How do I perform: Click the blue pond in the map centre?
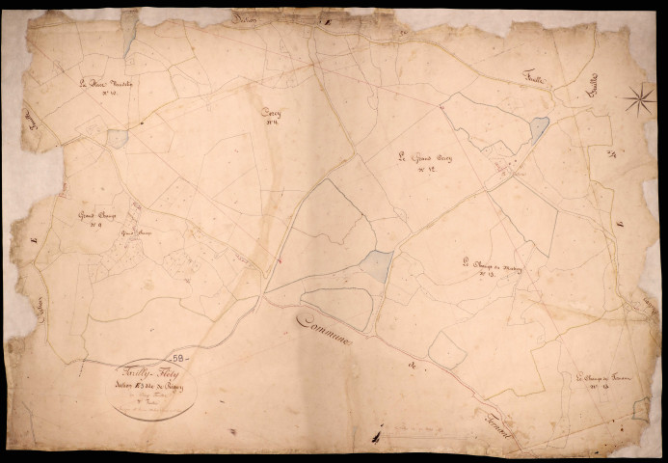(x=377, y=265)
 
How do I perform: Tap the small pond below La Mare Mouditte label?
(x=117, y=138)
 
